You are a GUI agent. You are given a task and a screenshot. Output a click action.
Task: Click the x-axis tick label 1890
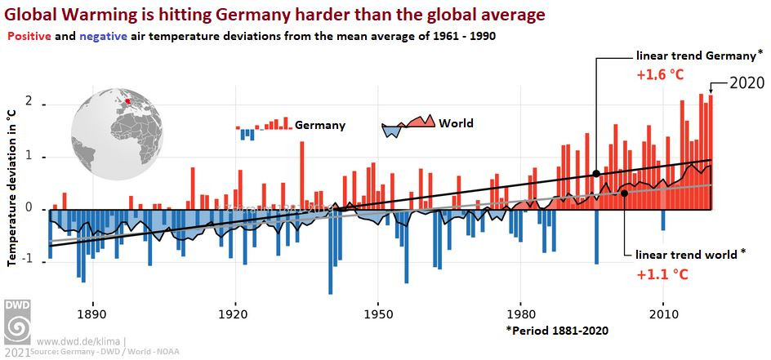[92, 314]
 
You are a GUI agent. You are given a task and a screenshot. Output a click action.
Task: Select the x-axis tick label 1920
[234, 314]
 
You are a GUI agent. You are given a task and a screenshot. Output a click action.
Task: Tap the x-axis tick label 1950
[377, 314]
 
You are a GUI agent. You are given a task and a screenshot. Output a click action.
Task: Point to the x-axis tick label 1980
[520, 314]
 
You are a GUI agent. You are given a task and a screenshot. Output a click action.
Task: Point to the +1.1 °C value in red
[662, 273]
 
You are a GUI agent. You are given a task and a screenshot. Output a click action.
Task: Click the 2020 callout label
[746, 83]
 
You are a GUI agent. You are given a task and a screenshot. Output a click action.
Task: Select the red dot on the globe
[127, 101]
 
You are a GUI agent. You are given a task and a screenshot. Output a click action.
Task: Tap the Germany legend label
[320, 126]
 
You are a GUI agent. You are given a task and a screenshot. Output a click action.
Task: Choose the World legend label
[456, 124]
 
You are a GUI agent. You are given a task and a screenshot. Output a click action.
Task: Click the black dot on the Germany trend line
[596, 173]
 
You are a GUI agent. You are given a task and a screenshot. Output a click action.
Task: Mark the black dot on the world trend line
[625, 193]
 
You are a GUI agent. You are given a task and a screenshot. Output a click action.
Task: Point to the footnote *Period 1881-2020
[557, 331]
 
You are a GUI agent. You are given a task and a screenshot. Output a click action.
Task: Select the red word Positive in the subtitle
[29, 37]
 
